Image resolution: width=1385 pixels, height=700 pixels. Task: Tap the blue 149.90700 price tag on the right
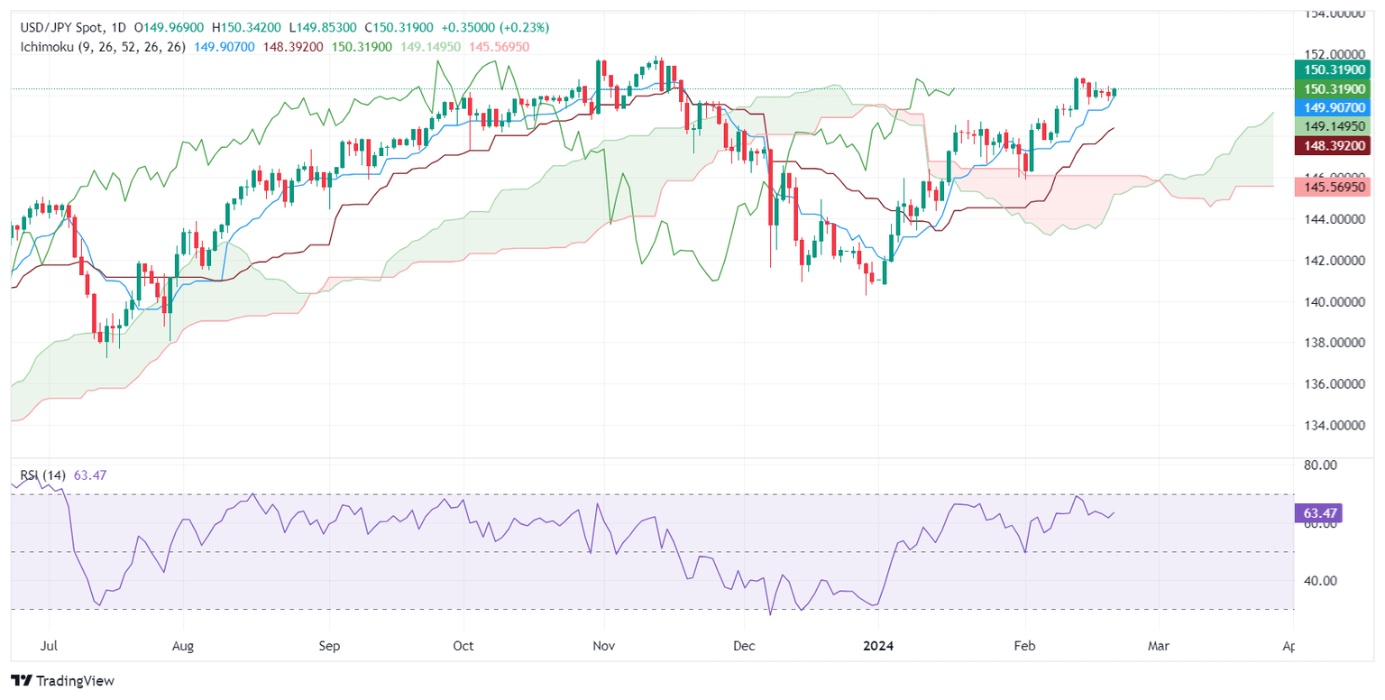point(1332,106)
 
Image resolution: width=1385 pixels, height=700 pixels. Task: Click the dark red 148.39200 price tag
point(1332,144)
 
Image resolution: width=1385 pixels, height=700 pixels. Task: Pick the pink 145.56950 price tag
point(1332,187)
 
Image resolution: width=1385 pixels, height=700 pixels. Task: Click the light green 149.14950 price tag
point(1332,125)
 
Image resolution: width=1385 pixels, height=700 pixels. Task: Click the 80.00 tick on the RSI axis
point(1317,465)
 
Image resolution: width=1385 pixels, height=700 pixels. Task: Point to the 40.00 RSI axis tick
point(1317,581)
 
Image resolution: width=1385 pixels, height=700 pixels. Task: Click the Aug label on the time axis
point(183,647)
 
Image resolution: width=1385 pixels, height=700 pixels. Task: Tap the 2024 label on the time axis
point(878,647)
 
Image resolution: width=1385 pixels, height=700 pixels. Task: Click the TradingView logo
point(62,681)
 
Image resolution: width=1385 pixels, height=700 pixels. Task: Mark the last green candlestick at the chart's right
point(1114,92)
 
